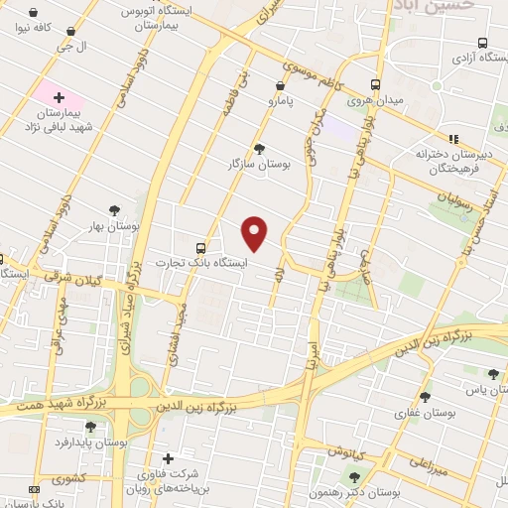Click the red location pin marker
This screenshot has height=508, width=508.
(256, 231)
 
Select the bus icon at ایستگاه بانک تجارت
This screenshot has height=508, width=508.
(201, 247)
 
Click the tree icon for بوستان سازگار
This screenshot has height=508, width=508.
(259, 149)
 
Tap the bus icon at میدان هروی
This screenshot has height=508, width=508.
(375, 85)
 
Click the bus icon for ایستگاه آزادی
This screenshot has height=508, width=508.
(482, 43)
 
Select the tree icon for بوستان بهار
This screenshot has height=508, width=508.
(114, 209)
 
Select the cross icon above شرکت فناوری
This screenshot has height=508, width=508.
(168, 459)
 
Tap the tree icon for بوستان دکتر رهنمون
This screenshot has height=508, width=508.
(355, 478)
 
